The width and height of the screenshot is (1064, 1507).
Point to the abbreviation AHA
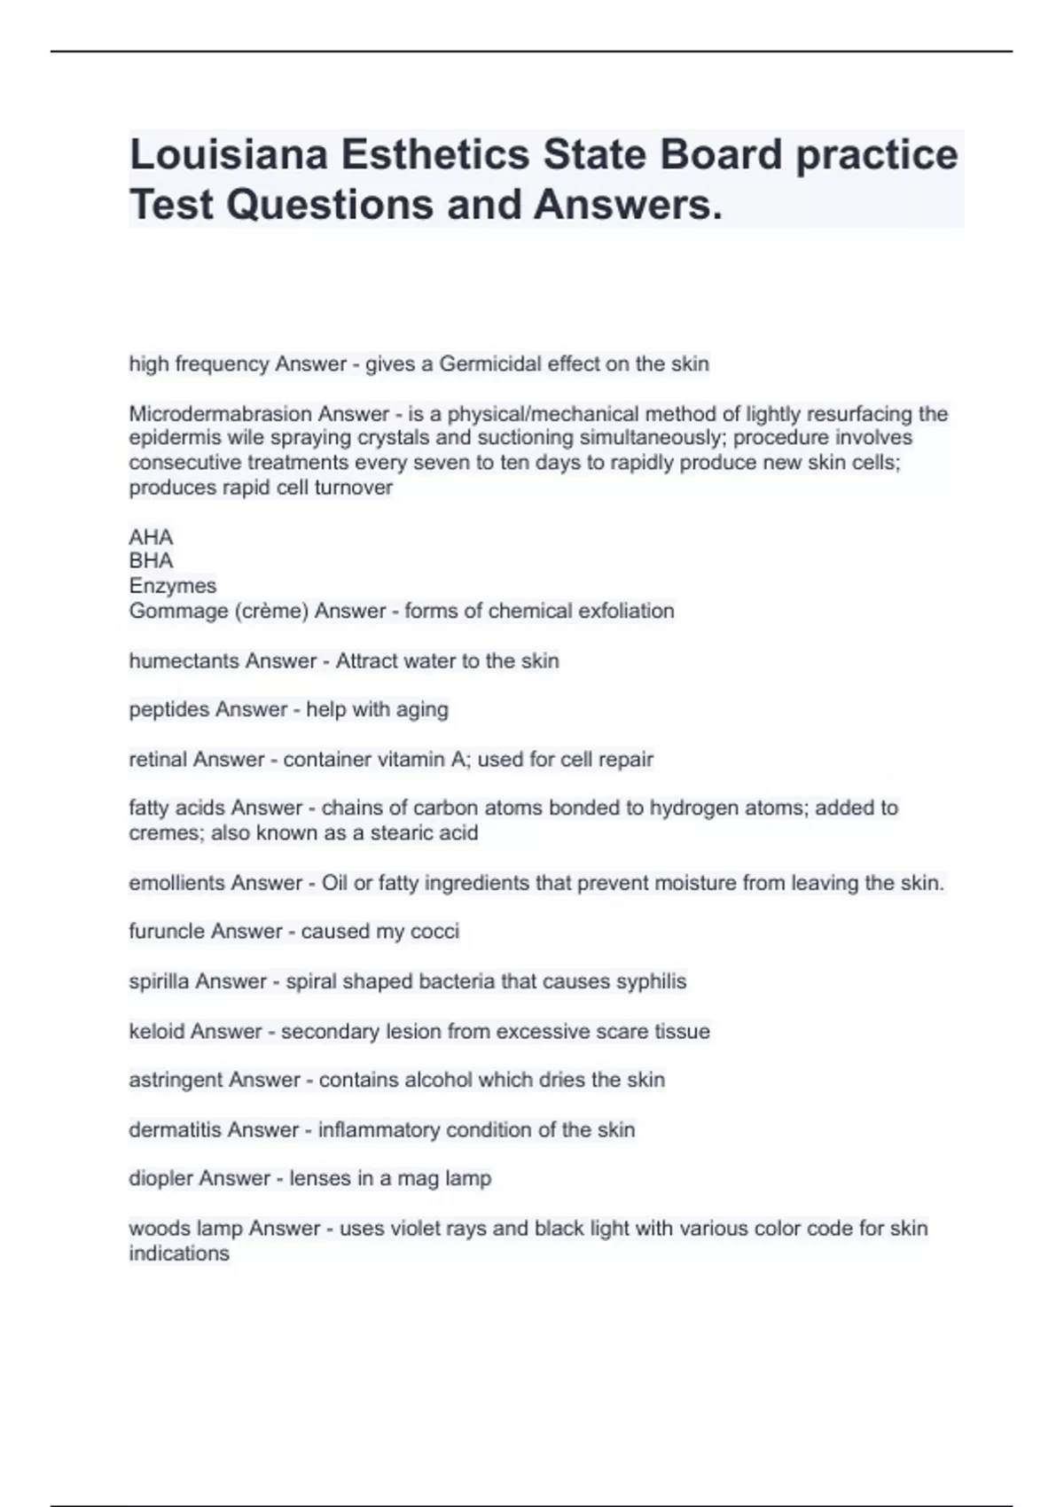[x=151, y=537]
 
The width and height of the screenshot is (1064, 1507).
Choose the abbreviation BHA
[x=151, y=561]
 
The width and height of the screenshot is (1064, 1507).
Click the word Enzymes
[x=172, y=586]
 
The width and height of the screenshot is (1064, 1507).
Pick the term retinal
[x=158, y=760]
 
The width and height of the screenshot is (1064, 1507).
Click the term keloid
[x=156, y=1032]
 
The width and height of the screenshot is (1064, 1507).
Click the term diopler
[x=160, y=1179]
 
